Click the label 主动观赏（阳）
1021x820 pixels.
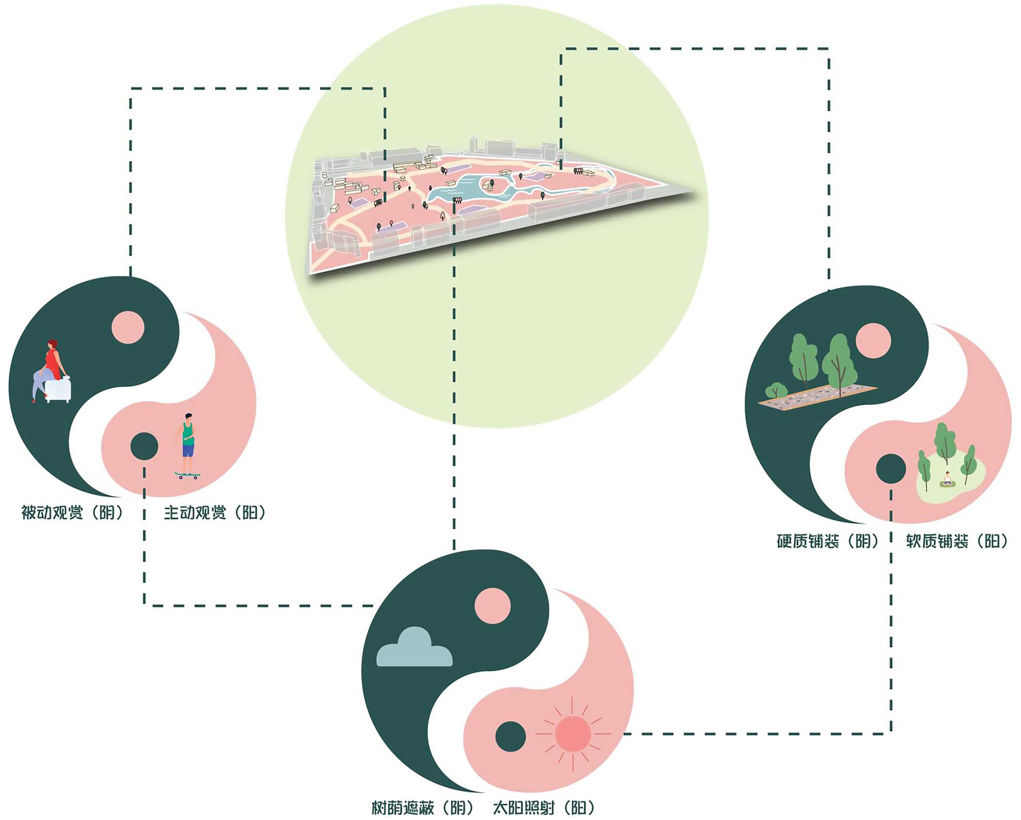pyautogui.click(x=215, y=512)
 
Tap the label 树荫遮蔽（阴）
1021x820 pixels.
pyautogui.click(x=423, y=808)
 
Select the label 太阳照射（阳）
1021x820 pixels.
pyautogui.click(x=544, y=808)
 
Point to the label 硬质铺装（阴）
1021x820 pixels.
pyautogui.click(x=828, y=541)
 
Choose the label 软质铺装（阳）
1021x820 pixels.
pyautogui.click(x=957, y=541)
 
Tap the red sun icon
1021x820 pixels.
pyautogui.click(x=573, y=734)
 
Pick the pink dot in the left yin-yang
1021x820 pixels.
pyautogui.click(x=128, y=327)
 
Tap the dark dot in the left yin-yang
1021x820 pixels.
pyautogui.click(x=144, y=446)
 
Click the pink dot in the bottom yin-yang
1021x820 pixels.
pyautogui.click(x=492, y=606)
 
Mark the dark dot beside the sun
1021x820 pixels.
pyautogui.click(x=510, y=736)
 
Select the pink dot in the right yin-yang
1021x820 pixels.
pyautogui.click(x=873, y=340)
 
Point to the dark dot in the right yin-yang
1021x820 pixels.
pyautogui.click(x=891, y=468)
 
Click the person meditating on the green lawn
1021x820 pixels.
pyautogui.click(x=947, y=479)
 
